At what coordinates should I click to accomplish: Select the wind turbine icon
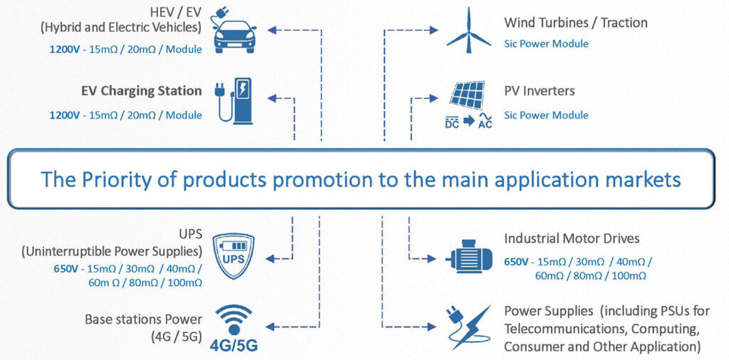pyautogui.click(x=468, y=30)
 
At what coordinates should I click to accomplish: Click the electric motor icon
pyautogui.click(x=468, y=255)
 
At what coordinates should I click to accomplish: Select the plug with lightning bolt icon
pyautogui.click(x=468, y=327)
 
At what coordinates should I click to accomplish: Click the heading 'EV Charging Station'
pyautogui.click(x=151, y=91)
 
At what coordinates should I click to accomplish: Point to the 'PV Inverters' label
pyautogui.click(x=539, y=91)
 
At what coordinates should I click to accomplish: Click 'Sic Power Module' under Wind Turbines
pyautogui.click(x=546, y=43)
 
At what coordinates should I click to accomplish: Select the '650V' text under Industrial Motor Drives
pyautogui.click(x=515, y=262)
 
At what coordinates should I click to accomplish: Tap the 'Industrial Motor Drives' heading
pyautogui.click(x=572, y=238)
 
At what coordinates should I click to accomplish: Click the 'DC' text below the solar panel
pyautogui.click(x=451, y=124)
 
